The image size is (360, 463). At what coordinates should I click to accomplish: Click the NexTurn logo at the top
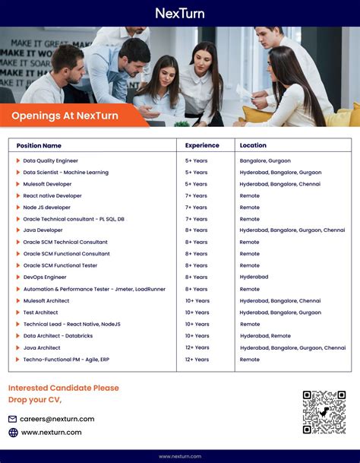pyautogui.click(x=180, y=13)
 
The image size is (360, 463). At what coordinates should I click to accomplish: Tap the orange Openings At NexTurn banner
pyautogui.click(x=65, y=115)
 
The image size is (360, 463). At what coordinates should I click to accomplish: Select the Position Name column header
pyautogui.click(x=39, y=145)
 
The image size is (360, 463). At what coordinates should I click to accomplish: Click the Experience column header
pyautogui.click(x=202, y=145)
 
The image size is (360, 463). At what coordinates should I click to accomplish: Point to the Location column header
pyautogui.click(x=253, y=145)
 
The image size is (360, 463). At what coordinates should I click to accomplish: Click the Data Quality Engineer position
pyautogui.click(x=51, y=160)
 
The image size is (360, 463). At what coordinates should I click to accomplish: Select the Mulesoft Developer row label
pyautogui.click(x=47, y=184)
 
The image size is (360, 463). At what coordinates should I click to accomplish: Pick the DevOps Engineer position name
pyautogui.click(x=45, y=277)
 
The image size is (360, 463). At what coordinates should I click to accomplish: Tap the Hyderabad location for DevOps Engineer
pyautogui.click(x=254, y=277)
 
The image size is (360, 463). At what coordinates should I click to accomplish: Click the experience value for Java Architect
pyautogui.click(x=197, y=347)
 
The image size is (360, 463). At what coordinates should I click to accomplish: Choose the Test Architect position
pyautogui.click(x=40, y=312)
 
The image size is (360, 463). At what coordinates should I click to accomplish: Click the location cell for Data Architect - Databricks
pyautogui.click(x=265, y=336)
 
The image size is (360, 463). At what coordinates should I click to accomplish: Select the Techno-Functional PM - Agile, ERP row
pyautogui.click(x=67, y=359)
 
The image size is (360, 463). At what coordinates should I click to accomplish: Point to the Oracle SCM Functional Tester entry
pyautogui.click(x=61, y=265)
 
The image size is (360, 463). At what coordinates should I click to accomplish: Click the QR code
pyautogui.click(x=324, y=412)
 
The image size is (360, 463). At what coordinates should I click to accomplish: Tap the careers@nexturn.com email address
pyautogui.click(x=57, y=419)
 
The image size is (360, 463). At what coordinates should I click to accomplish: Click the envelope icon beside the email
pyautogui.click(x=13, y=419)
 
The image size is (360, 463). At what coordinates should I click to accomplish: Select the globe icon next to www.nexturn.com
pyautogui.click(x=13, y=433)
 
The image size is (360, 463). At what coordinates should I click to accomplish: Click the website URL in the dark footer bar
pyautogui.click(x=180, y=456)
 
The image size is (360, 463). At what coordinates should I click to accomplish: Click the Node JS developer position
pyautogui.click(x=46, y=207)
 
